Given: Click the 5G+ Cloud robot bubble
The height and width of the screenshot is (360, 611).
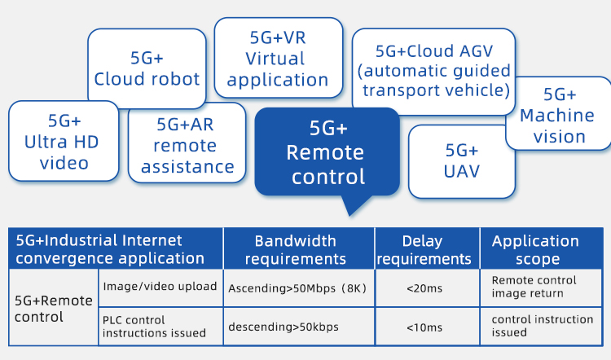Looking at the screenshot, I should (x=147, y=69).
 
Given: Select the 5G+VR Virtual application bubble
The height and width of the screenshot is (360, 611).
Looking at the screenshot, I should (x=278, y=59).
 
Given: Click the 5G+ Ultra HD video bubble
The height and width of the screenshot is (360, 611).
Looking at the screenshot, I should (x=64, y=142).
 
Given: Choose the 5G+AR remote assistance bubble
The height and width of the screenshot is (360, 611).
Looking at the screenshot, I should (x=187, y=146).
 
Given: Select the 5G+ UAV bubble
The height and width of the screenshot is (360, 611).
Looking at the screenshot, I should (x=461, y=160).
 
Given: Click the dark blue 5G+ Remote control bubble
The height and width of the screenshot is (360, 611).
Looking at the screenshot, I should (x=327, y=152).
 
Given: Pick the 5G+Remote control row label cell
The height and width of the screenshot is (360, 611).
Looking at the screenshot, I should (x=54, y=308).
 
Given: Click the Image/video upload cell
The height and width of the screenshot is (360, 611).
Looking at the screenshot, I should (x=160, y=287).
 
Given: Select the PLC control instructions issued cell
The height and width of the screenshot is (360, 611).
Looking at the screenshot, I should (x=160, y=326).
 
